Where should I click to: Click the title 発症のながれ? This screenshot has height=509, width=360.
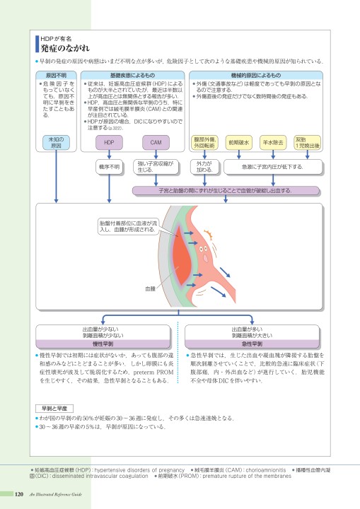coord(65,48)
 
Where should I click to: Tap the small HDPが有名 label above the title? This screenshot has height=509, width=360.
coord(55,37)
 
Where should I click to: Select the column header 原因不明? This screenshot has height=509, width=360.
coord(56,74)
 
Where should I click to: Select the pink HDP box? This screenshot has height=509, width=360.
coord(109,142)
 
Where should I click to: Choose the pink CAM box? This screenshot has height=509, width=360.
coord(156,142)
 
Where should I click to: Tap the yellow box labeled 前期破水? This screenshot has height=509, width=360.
coord(238,142)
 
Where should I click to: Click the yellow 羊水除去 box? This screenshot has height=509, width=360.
coord(273,142)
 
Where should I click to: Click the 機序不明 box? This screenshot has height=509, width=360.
coord(109,168)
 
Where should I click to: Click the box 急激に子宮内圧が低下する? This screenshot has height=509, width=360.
coord(273,168)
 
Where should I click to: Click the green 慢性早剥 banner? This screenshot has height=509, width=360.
coord(109,344)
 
